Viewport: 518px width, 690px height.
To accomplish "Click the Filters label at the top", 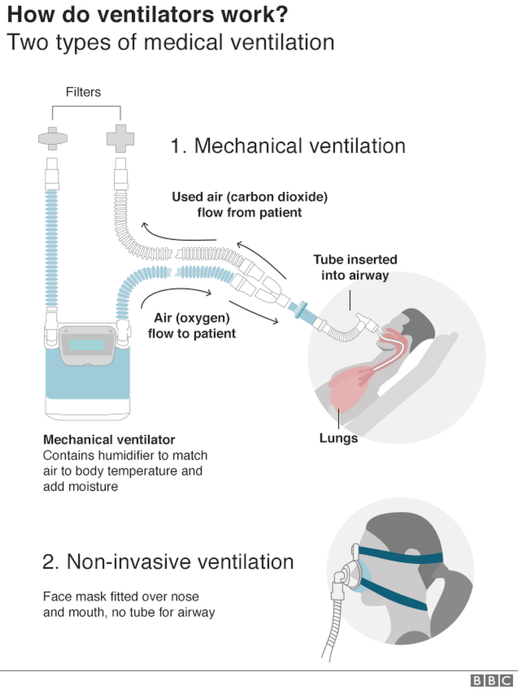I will click(83, 92).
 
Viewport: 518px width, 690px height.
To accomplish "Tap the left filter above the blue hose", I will click(53, 138).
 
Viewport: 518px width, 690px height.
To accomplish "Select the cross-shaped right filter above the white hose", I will click(120, 138).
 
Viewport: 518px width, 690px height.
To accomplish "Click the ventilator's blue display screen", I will click(87, 346).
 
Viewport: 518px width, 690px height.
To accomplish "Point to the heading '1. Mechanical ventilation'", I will click(288, 146).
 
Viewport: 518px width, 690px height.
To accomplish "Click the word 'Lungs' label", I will click(338, 438).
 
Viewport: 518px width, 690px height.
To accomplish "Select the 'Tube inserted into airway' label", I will click(355, 268).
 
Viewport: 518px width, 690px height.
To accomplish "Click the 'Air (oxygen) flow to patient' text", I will click(192, 325).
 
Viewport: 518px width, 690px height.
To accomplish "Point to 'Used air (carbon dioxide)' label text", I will click(249, 197).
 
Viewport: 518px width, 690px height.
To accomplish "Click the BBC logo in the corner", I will click(491, 680).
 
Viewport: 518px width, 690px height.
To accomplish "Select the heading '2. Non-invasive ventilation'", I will click(168, 562).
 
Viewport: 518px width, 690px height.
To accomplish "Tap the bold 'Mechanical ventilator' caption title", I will click(109, 439).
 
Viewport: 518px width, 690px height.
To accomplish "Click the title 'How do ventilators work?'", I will click(147, 14).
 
